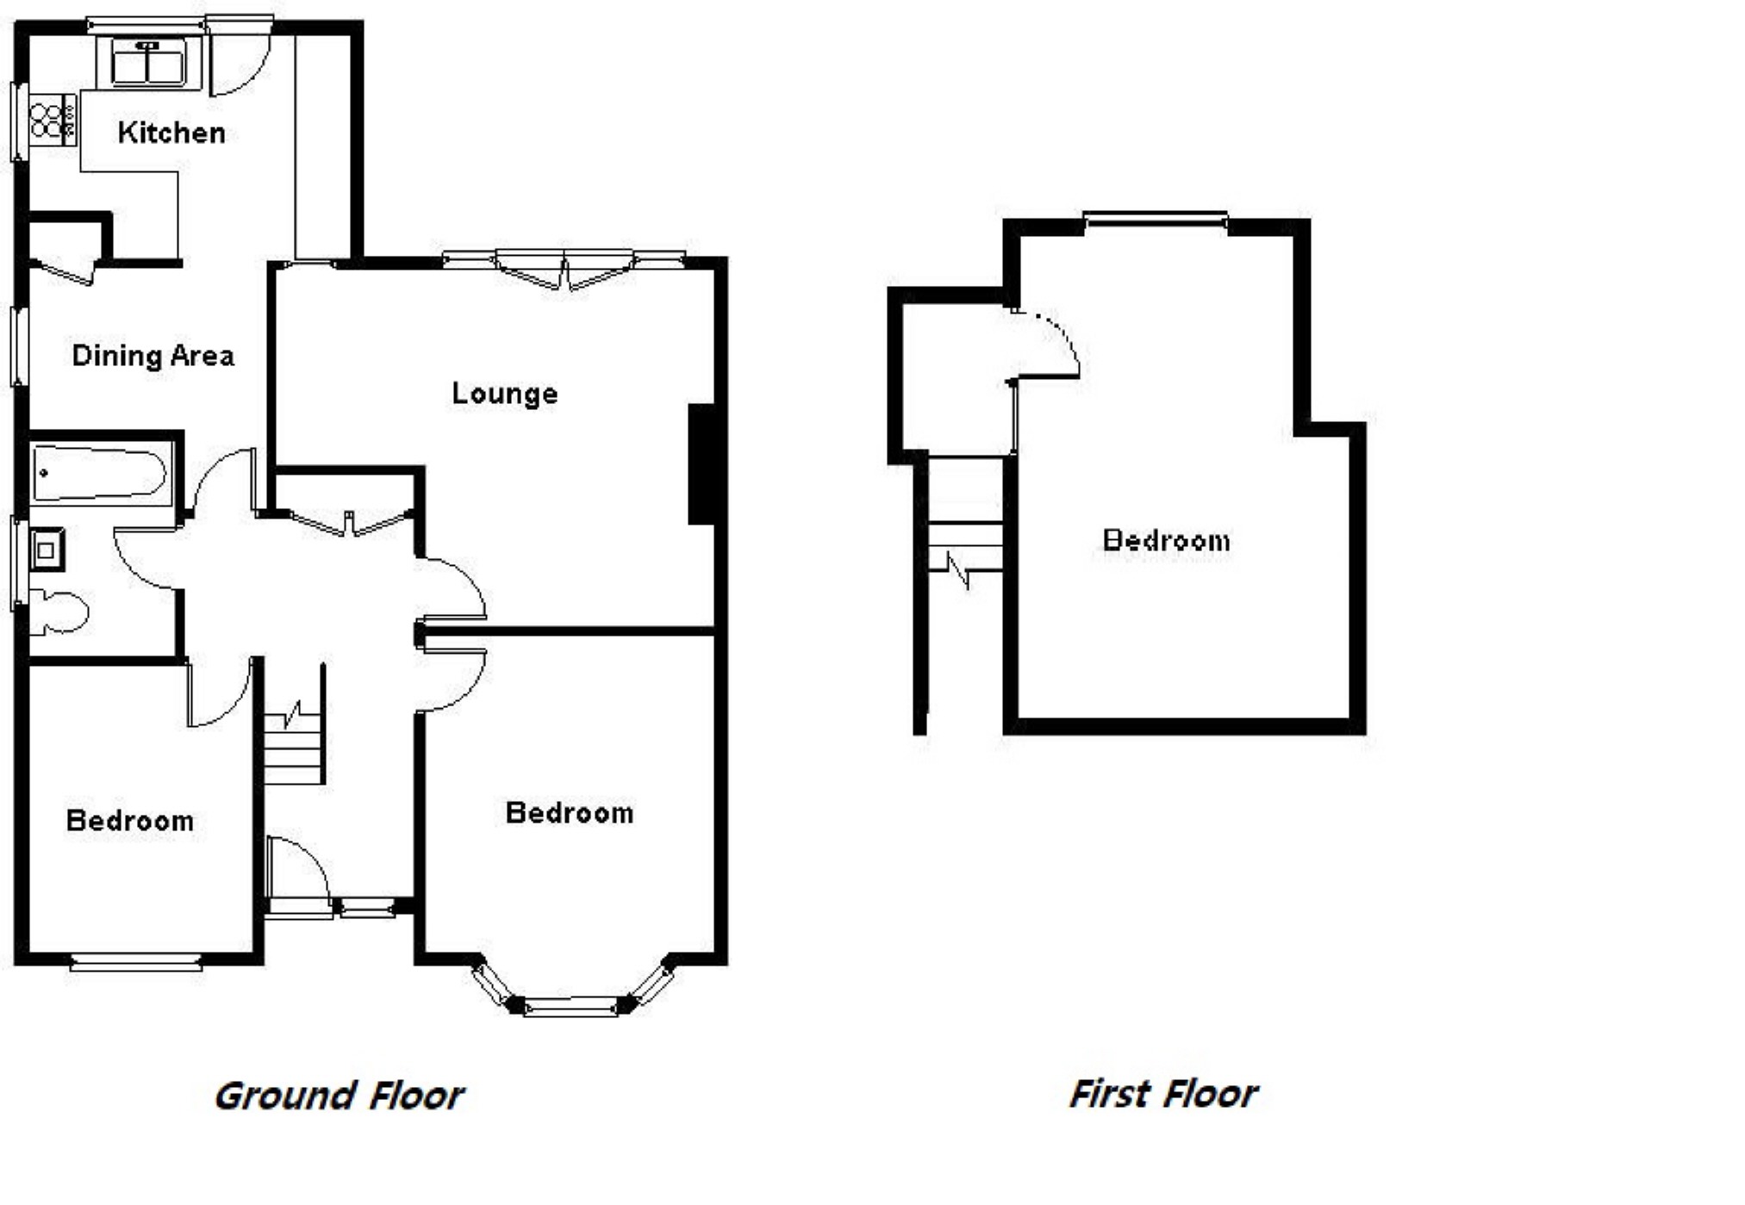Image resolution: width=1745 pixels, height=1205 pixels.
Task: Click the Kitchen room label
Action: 171,133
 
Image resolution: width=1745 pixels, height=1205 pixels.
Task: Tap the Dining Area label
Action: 153,356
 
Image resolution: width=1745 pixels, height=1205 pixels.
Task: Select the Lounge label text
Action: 505,394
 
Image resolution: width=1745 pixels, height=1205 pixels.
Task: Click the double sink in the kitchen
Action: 148,63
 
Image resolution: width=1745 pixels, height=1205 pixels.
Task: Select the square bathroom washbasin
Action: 47,550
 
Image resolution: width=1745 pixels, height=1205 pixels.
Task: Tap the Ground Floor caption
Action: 339,1096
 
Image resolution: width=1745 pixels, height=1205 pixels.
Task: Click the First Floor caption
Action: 1163,1094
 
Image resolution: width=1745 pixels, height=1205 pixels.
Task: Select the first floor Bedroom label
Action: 1167,541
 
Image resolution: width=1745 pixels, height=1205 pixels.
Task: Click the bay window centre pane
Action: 571,1005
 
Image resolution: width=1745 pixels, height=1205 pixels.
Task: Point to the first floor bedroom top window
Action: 1156,220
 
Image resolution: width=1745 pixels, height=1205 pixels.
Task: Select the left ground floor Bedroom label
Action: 130,821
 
